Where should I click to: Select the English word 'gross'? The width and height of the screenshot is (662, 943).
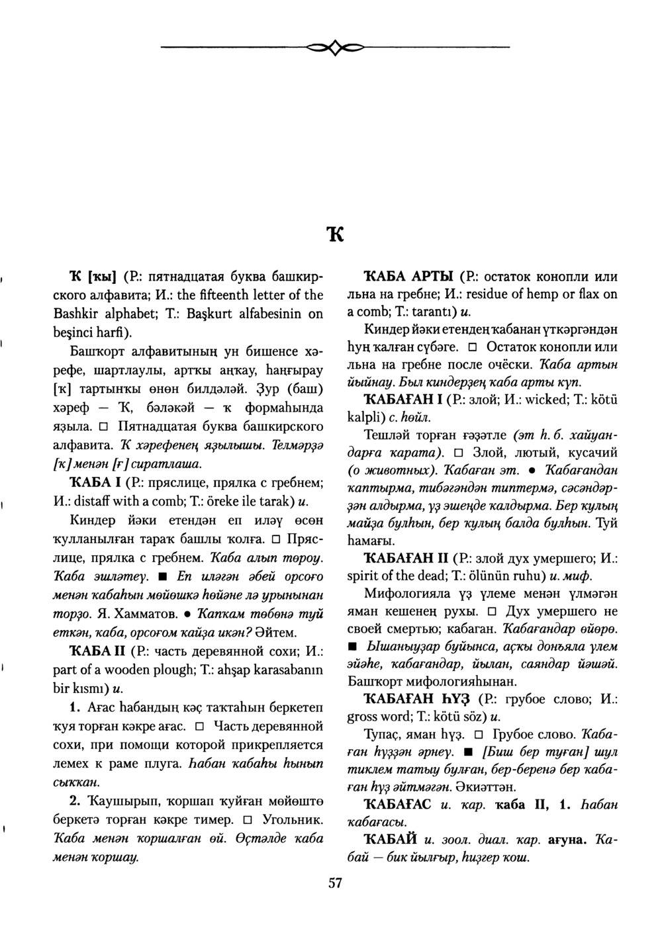[x=361, y=716]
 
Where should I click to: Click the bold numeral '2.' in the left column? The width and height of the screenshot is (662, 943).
[x=75, y=802]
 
